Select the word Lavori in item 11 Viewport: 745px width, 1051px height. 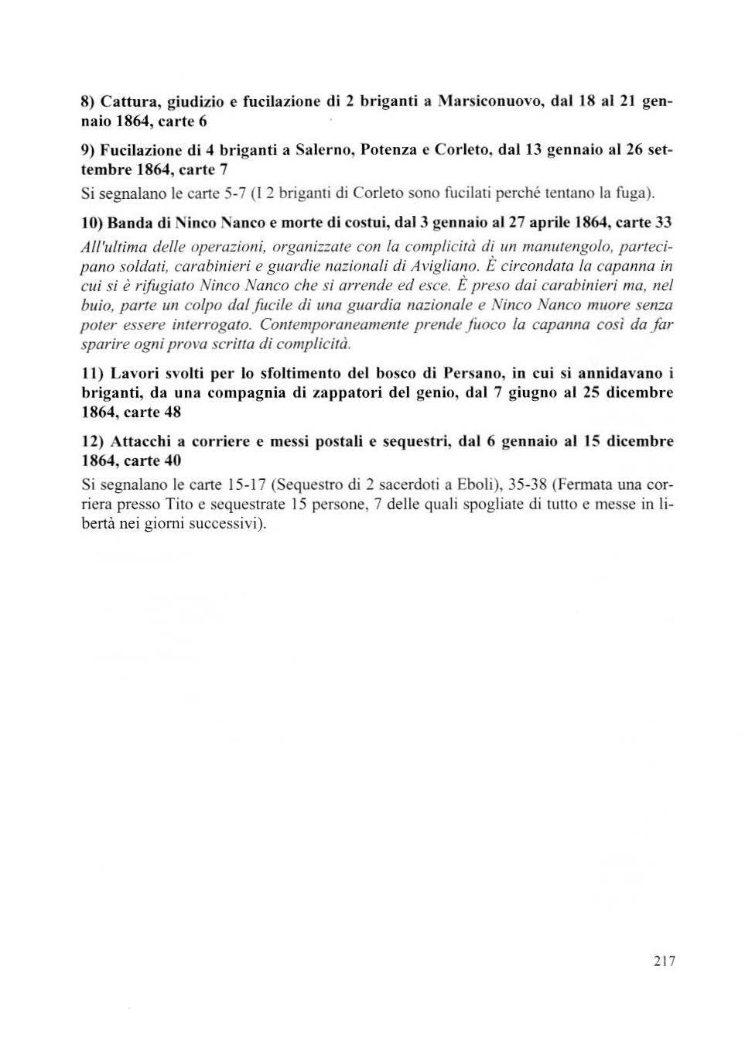135,373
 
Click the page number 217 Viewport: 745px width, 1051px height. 664,961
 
